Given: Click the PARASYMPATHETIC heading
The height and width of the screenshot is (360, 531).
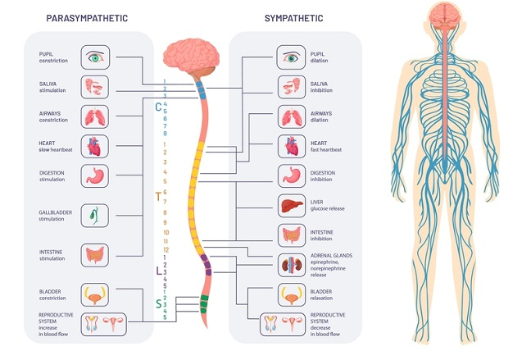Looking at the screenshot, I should click(x=87, y=17).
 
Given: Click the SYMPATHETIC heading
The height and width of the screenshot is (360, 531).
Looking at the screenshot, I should click(x=294, y=17).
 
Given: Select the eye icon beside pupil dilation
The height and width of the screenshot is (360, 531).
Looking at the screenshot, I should click(x=292, y=57).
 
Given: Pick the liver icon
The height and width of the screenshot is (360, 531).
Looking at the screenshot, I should click(x=292, y=206).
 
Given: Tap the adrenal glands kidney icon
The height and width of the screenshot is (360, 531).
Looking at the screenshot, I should click(x=292, y=265).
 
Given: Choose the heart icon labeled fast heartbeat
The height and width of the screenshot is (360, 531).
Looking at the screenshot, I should click(x=292, y=146).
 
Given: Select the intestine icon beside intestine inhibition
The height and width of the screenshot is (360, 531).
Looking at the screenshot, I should click(x=292, y=236).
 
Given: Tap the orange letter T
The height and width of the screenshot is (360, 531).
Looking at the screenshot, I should click(x=158, y=196).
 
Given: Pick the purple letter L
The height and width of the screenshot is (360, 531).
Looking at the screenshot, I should click(x=158, y=270).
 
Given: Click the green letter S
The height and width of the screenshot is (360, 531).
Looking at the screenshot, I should click(x=158, y=304).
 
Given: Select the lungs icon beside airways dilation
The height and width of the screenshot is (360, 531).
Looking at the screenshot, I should click(x=292, y=116).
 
